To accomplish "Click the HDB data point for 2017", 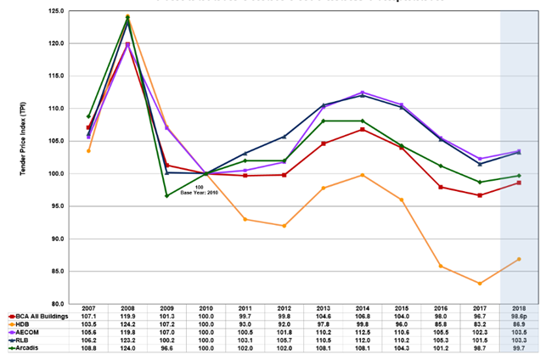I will (x=480, y=284).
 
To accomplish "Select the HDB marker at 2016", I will (x=441, y=266).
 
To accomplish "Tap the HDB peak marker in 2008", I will (x=127, y=17).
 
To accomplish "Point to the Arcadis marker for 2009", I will (x=166, y=196).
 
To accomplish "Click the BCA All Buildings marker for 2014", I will (x=363, y=129).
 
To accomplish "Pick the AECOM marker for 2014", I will (x=363, y=93).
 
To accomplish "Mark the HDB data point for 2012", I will (x=284, y=226).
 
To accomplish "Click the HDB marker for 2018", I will (x=519, y=259).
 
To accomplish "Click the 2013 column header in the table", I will (x=324, y=307).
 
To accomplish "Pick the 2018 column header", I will (x=519, y=307).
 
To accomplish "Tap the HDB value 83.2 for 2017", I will (x=480, y=323).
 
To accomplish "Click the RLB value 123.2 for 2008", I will (x=127, y=340).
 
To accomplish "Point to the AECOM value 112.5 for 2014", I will (x=363, y=332).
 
